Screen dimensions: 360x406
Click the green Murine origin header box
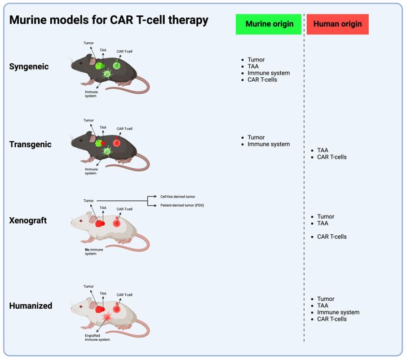click(x=268, y=24)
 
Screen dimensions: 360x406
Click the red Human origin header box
click(x=338, y=24)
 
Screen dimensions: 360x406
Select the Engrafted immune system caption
click(x=93, y=337)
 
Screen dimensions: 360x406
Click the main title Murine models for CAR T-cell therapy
click(x=109, y=20)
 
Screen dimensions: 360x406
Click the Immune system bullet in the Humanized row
click(x=338, y=312)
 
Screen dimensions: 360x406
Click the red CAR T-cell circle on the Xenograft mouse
click(x=117, y=223)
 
